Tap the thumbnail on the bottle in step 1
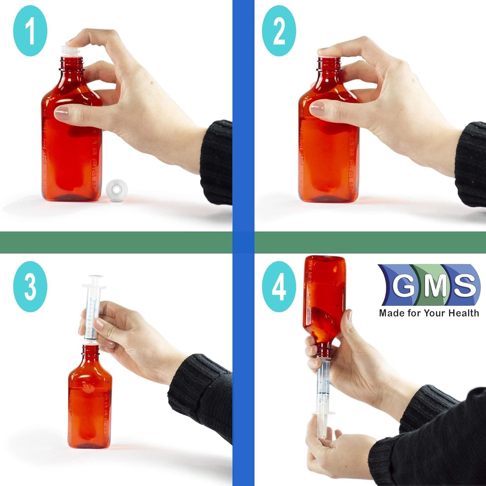[62, 113]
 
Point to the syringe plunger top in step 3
[93, 278]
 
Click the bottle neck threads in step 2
[329, 65]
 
